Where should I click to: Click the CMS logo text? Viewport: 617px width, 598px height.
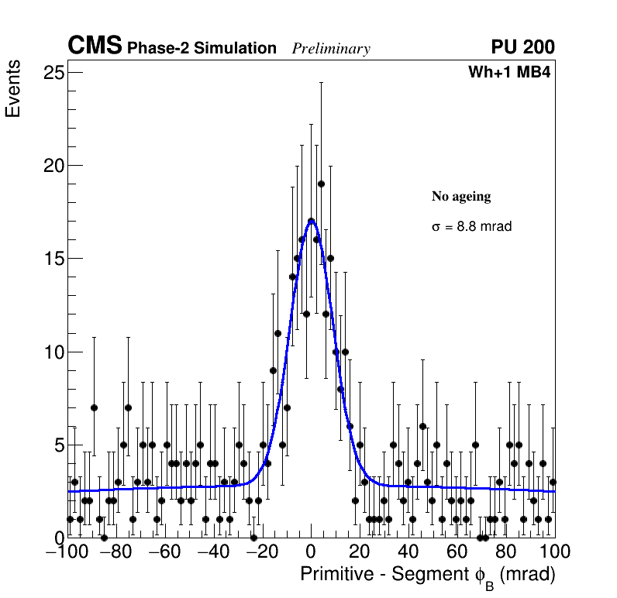[x=95, y=46]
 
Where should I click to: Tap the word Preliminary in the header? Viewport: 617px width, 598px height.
[x=331, y=49]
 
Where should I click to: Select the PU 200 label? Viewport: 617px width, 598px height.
[x=523, y=47]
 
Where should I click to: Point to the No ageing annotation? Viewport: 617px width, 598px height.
[x=461, y=197]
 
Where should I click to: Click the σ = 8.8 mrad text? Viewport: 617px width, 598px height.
[x=471, y=227]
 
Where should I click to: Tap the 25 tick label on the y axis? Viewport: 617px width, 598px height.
[x=53, y=73]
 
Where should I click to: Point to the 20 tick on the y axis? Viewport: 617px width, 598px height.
[x=53, y=166]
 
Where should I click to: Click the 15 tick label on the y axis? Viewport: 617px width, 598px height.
[x=53, y=259]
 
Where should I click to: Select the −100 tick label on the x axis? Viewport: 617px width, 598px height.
[x=64, y=552]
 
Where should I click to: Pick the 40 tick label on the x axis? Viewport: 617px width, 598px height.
[x=408, y=552]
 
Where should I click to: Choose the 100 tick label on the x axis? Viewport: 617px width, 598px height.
[x=554, y=552]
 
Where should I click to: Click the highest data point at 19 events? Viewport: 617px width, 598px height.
[x=321, y=184]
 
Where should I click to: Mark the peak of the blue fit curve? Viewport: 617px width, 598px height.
[x=311, y=221]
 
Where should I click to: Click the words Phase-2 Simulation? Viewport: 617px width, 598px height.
[x=202, y=49]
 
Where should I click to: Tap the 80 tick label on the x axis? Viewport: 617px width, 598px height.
[x=506, y=552]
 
